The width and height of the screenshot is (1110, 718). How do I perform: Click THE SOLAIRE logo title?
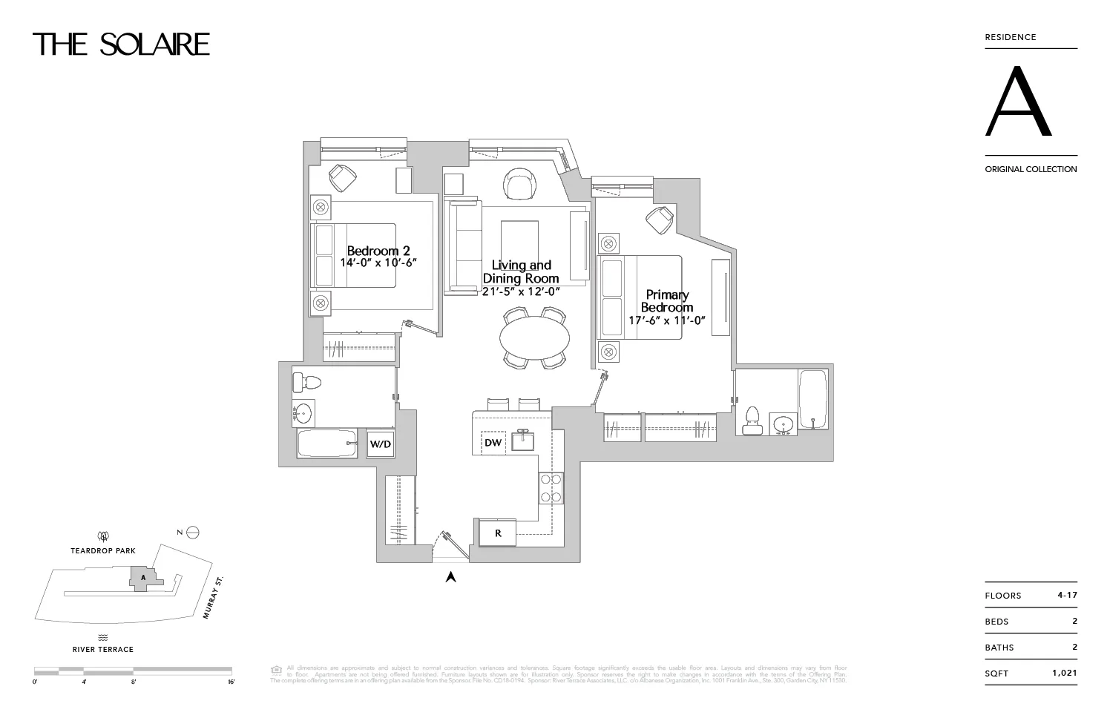coord(121,45)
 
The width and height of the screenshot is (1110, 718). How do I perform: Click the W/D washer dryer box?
coord(381,444)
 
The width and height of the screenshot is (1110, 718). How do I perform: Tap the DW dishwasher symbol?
coord(493,443)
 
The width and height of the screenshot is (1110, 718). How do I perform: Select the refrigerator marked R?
coord(498,533)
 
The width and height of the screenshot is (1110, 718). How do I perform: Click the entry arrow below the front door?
coord(450,576)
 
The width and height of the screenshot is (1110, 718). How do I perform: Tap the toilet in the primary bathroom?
coord(752,421)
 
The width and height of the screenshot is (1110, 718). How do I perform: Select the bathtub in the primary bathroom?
coord(813,398)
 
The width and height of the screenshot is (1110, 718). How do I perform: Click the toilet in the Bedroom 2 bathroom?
coord(306,383)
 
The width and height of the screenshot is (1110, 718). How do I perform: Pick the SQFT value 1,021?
coord(1064,673)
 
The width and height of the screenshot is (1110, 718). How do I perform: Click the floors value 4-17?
coord(1067,595)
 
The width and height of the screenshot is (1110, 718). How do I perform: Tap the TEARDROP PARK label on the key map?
coord(103,551)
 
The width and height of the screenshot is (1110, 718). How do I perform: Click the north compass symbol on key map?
coord(193,532)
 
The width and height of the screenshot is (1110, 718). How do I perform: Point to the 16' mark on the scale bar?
coord(231,681)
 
